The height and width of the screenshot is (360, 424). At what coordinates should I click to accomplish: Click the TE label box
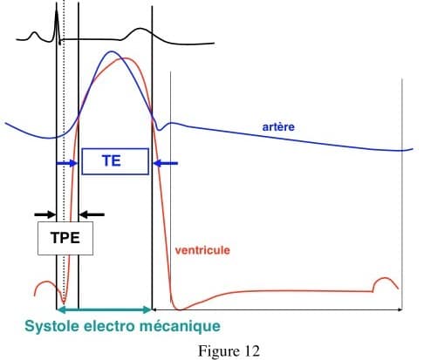click(x=115, y=161)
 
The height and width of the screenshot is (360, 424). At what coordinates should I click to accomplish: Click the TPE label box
click(x=65, y=238)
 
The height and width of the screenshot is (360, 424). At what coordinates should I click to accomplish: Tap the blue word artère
click(x=278, y=127)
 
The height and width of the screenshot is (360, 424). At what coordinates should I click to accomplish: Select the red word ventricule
click(x=202, y=250)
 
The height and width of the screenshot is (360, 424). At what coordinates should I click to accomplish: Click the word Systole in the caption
click(x=52, y=326)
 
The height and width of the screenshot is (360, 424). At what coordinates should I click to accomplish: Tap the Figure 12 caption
click(x=229, y=351)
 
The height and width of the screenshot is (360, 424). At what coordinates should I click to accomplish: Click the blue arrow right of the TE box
click(x=165, y=164)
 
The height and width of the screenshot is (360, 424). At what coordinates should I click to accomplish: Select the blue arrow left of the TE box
click(x=66, y=164)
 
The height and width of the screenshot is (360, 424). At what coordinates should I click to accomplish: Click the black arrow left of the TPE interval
click(x=44, y=215)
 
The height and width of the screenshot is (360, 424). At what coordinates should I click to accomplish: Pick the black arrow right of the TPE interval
click(x=92, y=215)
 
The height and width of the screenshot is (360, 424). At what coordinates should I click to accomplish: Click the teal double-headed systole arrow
click(x=104, y=309)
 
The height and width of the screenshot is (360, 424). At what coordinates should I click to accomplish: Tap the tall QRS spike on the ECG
click(x=57, y=24)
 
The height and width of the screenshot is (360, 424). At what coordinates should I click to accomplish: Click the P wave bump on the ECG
click(x=34, y=35)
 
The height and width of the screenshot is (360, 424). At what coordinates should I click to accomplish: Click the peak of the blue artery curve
click(x=111, y=51)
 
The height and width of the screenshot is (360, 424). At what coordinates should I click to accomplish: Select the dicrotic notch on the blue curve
click(x=159, y=130)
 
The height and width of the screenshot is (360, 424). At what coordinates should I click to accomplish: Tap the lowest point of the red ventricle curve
click(x=179, y=309)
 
